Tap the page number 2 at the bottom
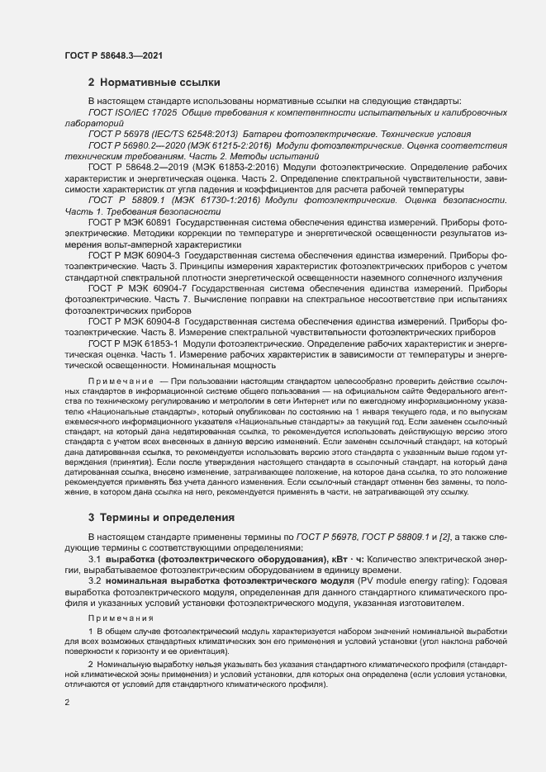click(x=67, y=703)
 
